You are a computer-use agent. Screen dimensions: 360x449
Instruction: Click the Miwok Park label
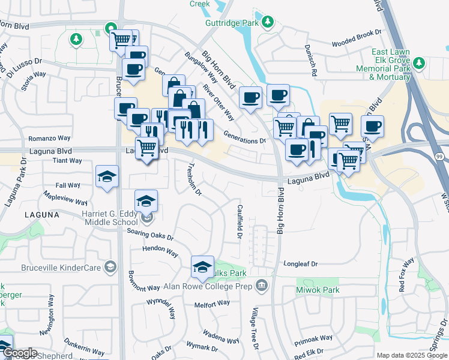coord(318,290)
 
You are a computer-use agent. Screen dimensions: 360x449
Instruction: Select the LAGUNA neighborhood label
coord(43,214)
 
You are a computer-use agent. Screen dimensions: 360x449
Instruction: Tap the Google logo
coord(20,353)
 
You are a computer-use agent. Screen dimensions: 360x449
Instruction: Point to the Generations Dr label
coord(244,137)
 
